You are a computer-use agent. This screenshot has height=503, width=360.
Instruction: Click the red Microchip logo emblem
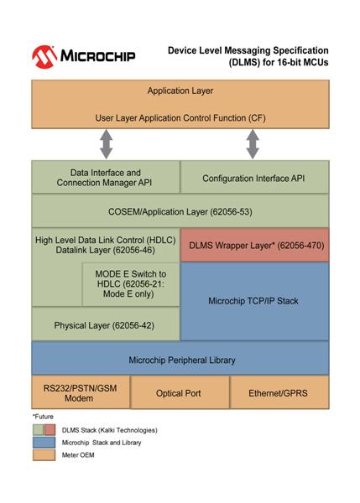pyautogui.click(x=44, y=57)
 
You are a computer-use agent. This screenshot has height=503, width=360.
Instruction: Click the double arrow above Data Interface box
pyautogui.click(x=107, y=144)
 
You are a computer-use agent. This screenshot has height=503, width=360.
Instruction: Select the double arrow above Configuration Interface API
pyautogui.click(x=253, y=144)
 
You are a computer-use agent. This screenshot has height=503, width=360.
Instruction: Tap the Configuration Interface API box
pyautogui.click(x=254, y=177)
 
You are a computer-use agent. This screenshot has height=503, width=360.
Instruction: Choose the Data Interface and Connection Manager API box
pyautogui.click(x=106, y=177)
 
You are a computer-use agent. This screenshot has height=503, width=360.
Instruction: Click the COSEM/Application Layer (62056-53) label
pyautogui.click(x=180, y=212)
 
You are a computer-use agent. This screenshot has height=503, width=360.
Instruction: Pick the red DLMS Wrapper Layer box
pyautogui.click(x=255, y=245)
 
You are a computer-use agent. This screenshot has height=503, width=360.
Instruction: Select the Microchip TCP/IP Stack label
pyautogui.click(x=253, y=301)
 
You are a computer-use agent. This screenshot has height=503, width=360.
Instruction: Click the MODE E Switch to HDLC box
pyautogui.click(x=131, y=284)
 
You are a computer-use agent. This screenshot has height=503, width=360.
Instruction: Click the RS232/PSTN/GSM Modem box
pyautogui.click(x=81, y=392)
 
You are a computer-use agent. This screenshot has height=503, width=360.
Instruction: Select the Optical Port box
pyautogui.click(x=180, y=392)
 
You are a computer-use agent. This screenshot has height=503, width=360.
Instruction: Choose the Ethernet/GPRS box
pyautogui.click(x=279, y=392)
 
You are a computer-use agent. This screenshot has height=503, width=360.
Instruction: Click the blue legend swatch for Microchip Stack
pyautogui.click(x=44, y=443)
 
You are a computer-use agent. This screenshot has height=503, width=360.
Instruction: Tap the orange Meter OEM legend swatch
pyautogui.click(x=44, y=455)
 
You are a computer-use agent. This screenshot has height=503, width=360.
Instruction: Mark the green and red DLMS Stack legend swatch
pyautogui.click(x=44, y=430)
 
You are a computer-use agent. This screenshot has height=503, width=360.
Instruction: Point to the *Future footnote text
pyautogui.click(x=43, y=417)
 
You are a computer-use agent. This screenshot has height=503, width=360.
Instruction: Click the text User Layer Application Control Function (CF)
pyautogui.click(x=180, y=118)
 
